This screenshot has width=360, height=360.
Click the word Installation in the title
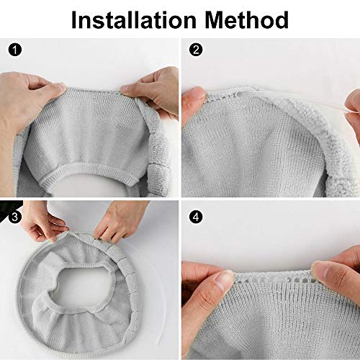click(134, 19)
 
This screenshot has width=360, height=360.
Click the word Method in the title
click(246, 19)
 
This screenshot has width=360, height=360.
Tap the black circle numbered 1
click(15, 50)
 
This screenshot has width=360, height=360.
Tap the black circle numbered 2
click(196, 50)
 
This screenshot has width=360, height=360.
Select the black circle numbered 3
click(15, 217)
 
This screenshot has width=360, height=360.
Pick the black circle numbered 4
click(196, 217)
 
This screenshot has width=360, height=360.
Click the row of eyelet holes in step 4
click(274, 279)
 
